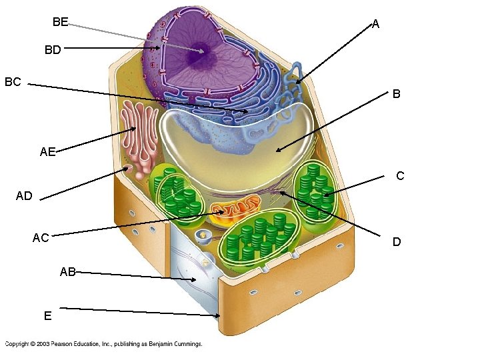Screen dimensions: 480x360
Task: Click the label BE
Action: tap(60, 22)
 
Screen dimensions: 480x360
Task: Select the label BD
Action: tap(53, 49)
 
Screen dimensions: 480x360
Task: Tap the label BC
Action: tap(13, 82)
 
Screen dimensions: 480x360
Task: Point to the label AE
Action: tap(48, 151)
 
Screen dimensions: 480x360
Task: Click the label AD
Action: tap(24, 195)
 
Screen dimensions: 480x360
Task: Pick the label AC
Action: tap(41, 237)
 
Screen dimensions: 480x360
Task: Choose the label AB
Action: tap(67, 271)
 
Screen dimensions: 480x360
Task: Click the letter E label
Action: tap(47, 315)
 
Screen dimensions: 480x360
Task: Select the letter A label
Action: tap(375, 24)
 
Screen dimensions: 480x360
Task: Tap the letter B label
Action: tap(396, 94)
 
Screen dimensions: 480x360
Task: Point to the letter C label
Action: tap(400, 176)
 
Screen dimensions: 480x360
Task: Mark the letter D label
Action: tap(397, 242)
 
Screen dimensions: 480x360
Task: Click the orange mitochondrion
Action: tap(235, 209)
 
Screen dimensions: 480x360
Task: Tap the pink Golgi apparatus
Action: tap(139, 139)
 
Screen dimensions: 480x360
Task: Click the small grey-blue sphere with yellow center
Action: tap(203, 236)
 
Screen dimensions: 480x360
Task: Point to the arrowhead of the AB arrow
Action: tap(193, 279)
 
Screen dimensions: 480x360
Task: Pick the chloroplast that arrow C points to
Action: tap(315, 191)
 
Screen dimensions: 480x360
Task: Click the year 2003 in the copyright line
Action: tap(43, 344)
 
